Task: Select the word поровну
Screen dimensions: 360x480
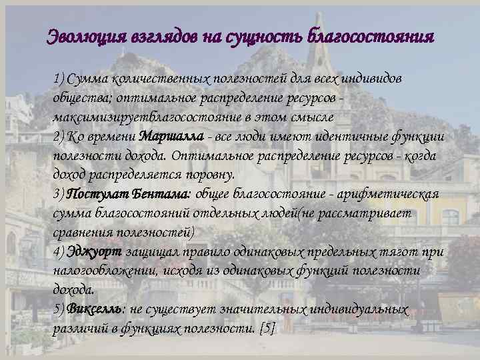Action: coord(208,175)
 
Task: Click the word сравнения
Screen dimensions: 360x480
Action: coord(79,233)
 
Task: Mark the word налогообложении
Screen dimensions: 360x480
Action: coord(101,271)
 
